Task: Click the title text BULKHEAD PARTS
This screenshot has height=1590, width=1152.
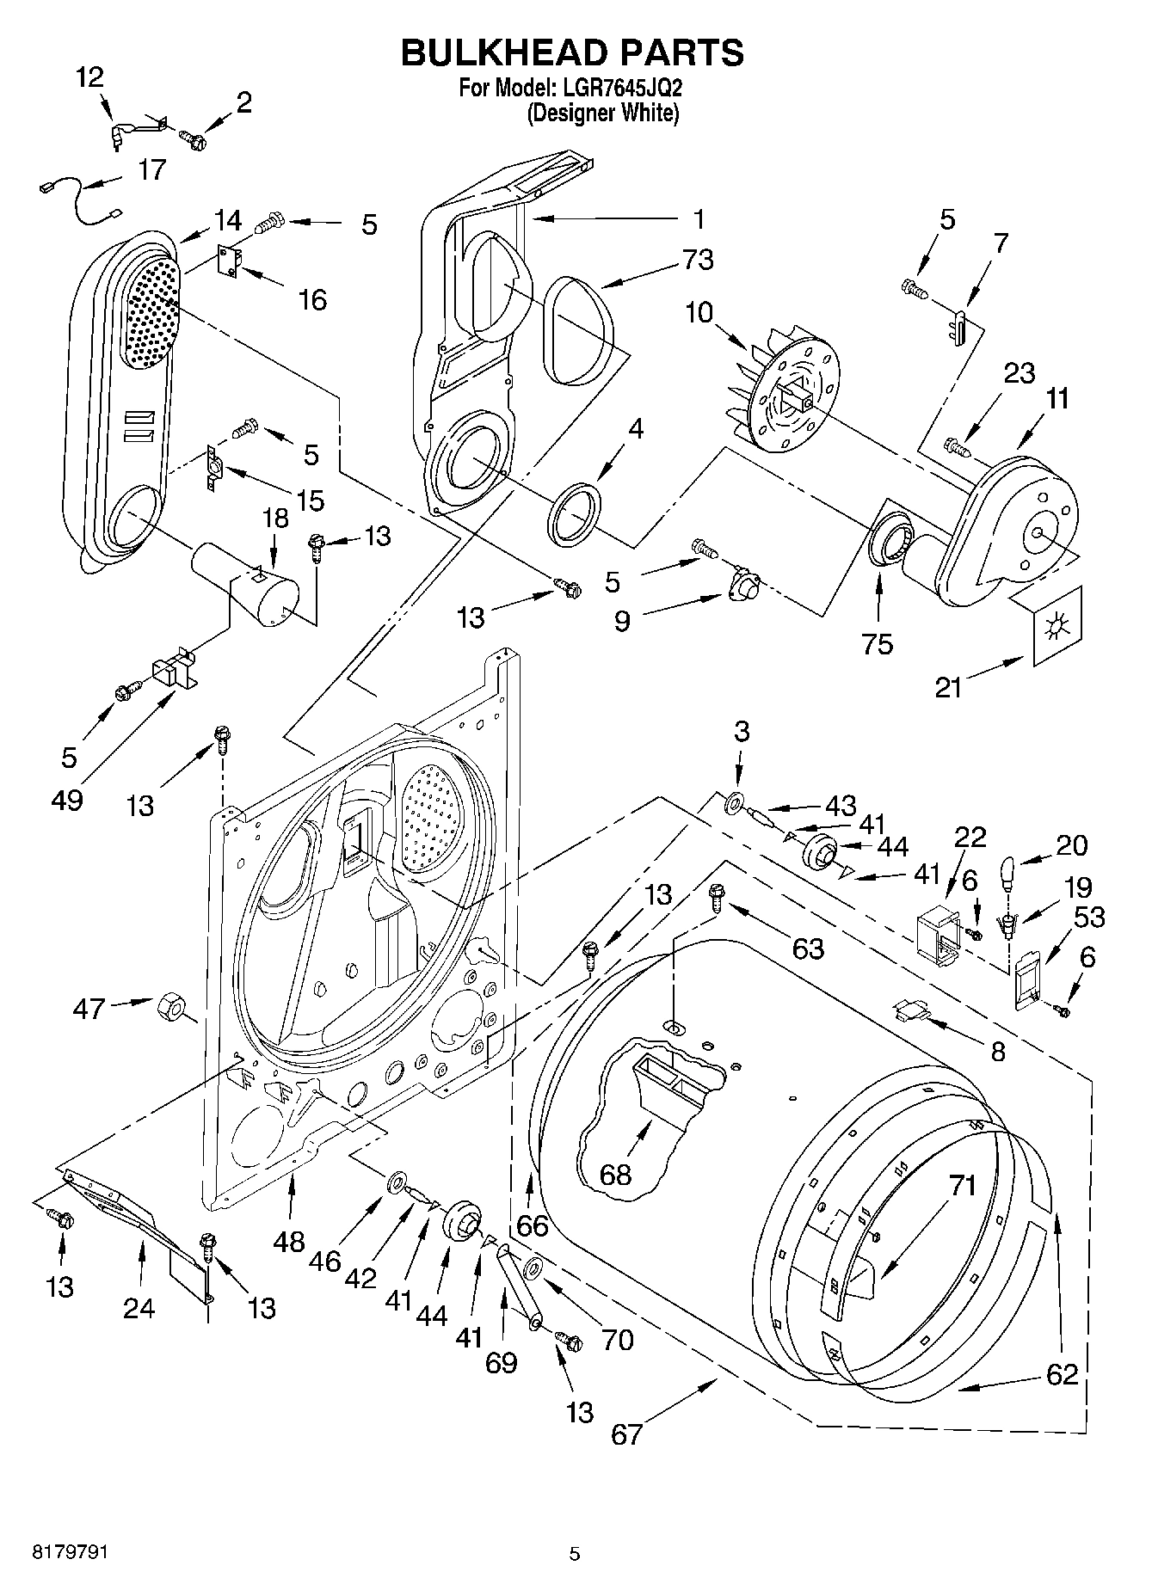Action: tap(572, 53)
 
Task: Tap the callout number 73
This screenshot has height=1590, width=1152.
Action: tap(697, 260)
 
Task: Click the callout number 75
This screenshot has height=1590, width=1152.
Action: tap(878, 644)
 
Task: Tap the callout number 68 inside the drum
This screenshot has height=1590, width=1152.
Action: tap(616, 1174)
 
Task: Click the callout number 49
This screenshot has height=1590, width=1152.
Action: tap(67, 800)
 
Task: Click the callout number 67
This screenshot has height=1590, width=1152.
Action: tap(626, 1434)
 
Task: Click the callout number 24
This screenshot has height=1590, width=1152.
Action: tap(139, 1308)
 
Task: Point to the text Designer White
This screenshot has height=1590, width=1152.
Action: tap(603, 113)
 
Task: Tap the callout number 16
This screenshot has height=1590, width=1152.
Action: tap(312, 299)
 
